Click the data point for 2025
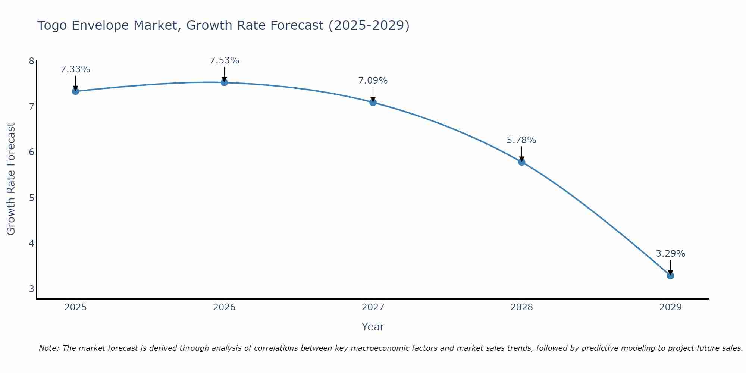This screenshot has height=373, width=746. click(75, 91)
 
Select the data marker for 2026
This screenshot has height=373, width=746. click(224, 82)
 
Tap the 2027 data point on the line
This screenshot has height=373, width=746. click(373, 102)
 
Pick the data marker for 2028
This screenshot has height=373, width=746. click(521, 162)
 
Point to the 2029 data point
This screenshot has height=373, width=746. click(670, 276)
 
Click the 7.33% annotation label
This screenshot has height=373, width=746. click(75, 69)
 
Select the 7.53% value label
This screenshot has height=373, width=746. click(224, 60)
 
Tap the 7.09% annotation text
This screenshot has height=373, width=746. click(373, 81)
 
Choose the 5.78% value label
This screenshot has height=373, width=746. click(521, 140)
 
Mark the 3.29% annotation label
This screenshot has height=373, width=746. click(670, 254)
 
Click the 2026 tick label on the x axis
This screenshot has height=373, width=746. click(224, 307)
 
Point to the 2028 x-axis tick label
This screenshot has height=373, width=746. click(521, 307)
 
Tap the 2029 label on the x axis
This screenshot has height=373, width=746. click(670, 307)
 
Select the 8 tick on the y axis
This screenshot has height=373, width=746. click(31, 61)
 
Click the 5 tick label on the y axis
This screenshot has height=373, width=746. click(31, 198)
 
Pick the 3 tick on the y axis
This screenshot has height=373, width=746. click(31, 289)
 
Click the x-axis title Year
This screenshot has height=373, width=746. click(373, 327)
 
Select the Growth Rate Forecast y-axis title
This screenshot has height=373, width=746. click(11, 179)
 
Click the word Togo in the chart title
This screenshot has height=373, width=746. click(52, 25)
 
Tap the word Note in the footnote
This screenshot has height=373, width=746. click(48, 348)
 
